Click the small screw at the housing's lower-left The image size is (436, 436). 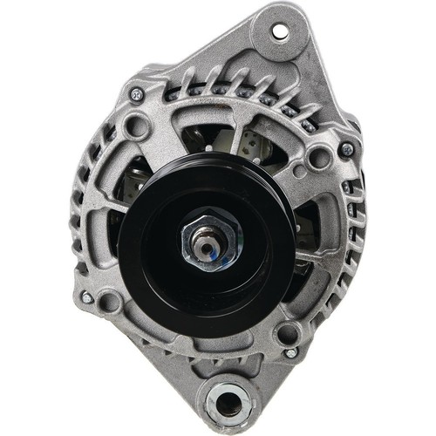click(86, 297)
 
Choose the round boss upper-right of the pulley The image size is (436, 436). click(319, 157)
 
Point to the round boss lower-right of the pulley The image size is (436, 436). click(287, 330)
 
